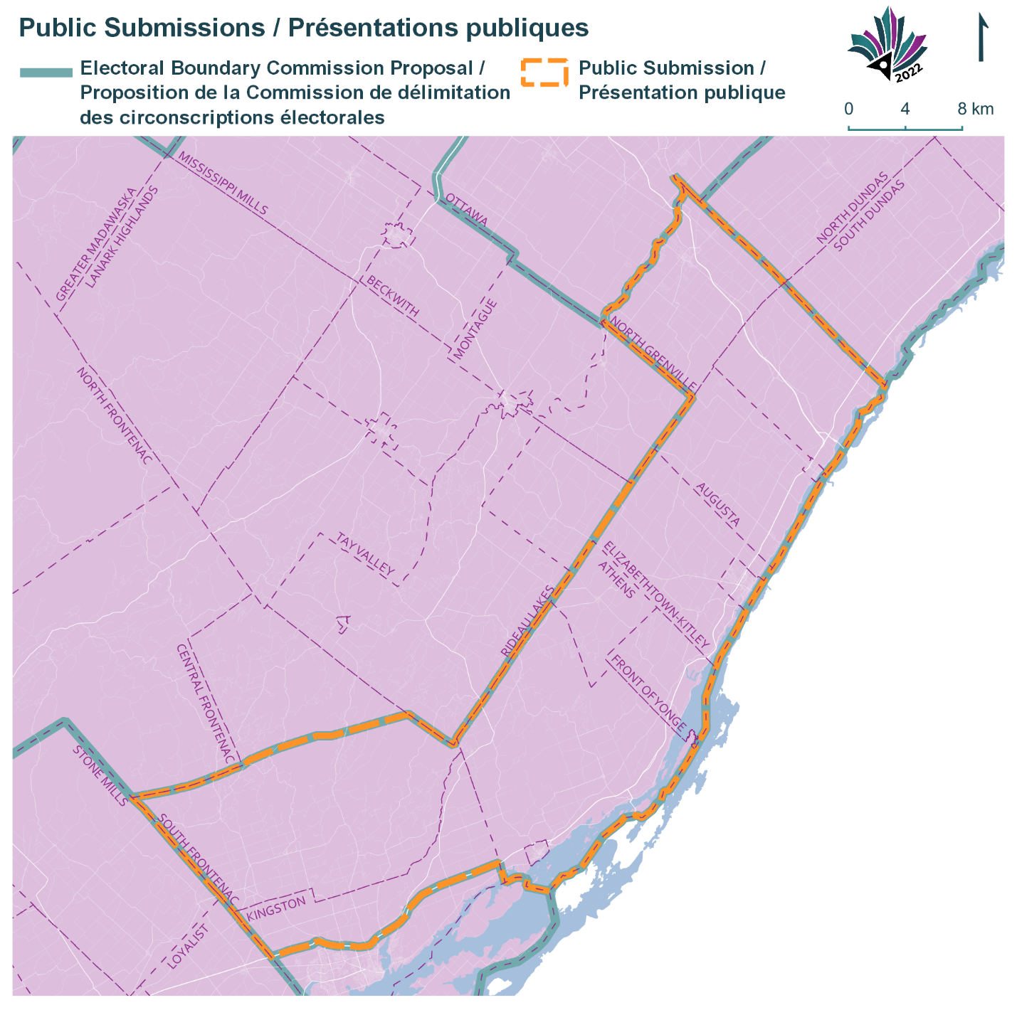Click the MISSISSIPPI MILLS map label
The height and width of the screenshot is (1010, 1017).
pyautogui.click(x=223, y=184)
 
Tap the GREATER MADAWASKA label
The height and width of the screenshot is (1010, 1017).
pyautogui.click(x=95, y=245)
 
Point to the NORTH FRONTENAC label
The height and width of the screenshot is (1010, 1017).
pyautogui.click(x=114, y=416)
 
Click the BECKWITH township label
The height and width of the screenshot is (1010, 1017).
pyautogui.click(x=392, y=297)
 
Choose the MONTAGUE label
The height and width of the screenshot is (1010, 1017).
pyautogui.click(x=475, y=329)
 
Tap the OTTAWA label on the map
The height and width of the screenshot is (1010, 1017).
pyautogui.click(x=467, y=210)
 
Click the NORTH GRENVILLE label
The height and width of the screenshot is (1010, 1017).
pyautogui.click(x=653, y=354)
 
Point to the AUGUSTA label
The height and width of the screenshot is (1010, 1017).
pyautogui.click(x=718, y=504)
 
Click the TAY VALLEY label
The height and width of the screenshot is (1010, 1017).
pyautogui.click(x=365, y=553)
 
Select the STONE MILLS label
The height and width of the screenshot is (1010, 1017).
pyautogui.click(x=100, y=776)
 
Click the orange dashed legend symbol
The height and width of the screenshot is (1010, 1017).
pyautogui.click(x=544, y=73)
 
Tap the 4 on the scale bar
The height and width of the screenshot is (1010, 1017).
pyautogui.click(x=905, y=109)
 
